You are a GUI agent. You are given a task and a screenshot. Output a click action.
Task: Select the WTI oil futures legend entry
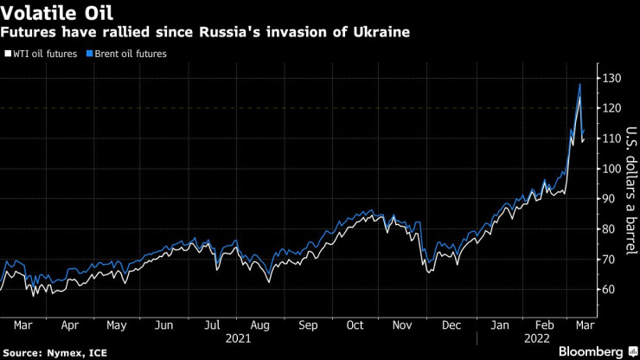(x=43, y=54)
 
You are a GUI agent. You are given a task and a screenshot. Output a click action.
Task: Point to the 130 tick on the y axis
(x=611, y=78)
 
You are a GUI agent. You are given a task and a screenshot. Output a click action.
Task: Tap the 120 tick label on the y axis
(x=611, y=108)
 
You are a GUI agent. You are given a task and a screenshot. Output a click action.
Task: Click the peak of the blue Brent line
(x=579, y=84)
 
